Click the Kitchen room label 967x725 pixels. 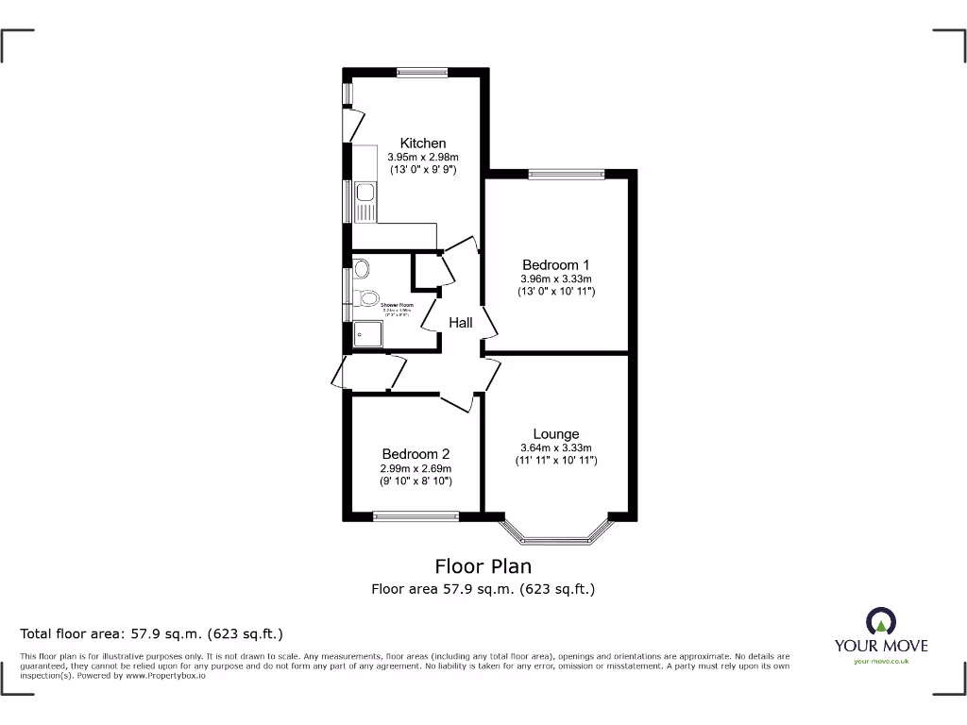(x=422, y=143)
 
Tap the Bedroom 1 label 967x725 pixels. (x=555, y=264)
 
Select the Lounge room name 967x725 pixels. (x=555, y=434)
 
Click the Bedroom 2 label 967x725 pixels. (x=416, y=453)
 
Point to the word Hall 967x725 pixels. (x=461, y=323)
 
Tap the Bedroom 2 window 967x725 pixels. (x=416, y=515)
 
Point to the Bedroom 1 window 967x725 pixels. (x=566, y=174)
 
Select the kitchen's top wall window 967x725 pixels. (x=422, y=71)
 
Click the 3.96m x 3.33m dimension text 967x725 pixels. (x=555, y=278)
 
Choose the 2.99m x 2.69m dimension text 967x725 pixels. (x=416, y=468)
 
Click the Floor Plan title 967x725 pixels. (x=483, y=566)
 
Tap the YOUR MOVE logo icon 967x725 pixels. (x=880, y=621)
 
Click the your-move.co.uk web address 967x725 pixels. (x=880, y=662)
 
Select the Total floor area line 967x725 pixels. (x=152, y=633)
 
